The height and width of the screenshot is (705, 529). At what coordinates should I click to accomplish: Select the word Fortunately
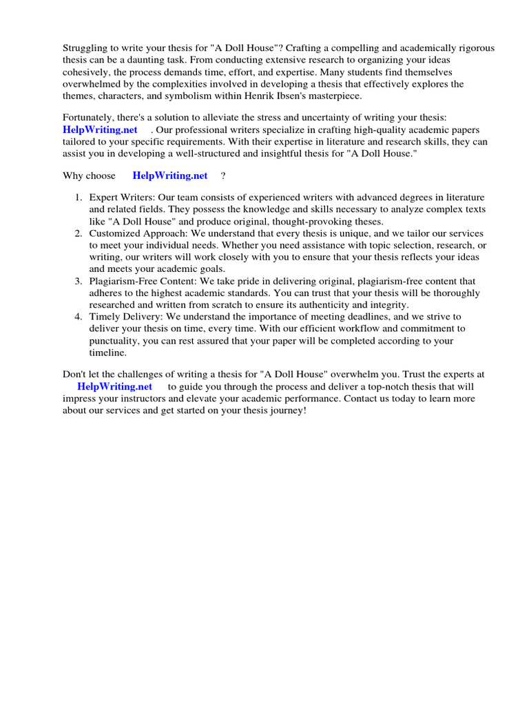[x=90, y=118]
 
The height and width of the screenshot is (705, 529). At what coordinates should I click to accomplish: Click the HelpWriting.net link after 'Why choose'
[x=169, y=176]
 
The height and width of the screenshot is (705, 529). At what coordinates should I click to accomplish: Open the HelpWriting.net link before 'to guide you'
[x=114, y=386]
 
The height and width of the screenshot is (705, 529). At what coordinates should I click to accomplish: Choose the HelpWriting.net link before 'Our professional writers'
[x=100, y=129]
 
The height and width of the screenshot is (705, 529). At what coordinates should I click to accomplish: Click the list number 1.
[x=79, y=198]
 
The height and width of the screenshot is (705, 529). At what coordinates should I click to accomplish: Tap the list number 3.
[x=79, y=281]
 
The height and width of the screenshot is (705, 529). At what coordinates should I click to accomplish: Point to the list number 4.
[x=79, y=317]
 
